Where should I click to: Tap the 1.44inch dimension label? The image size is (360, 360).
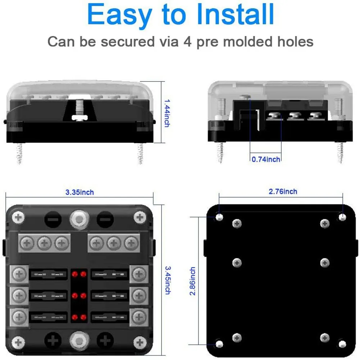pyautogui.click(x=166, y=113)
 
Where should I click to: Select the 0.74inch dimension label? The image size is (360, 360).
pyautogui.click(x=266, y=159)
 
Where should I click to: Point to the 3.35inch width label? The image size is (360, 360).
pyautogui.click(x=79, y=192)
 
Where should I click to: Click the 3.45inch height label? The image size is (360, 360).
pyautogui.click(x=167, y=280)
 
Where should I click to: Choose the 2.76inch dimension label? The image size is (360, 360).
pyautogui.click(x=283, y=192)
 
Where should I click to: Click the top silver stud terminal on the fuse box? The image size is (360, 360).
pyautogui.click(x=78, y=218)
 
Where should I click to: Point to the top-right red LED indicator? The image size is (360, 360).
pyautogui.click(x=83, y=274)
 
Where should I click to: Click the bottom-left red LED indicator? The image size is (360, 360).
pyautogui.click(x=74, y=317)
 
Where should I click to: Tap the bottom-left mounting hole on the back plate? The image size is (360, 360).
pyautogui.click(x=219, y=343)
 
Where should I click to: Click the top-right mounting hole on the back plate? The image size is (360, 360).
pyautogui.click(x=342, y=217)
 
